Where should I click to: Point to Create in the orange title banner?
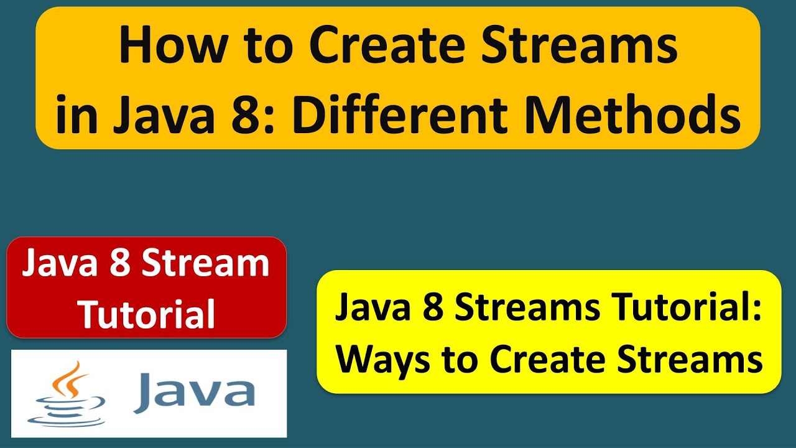pos(392,47)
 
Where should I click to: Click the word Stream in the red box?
pos(205,264)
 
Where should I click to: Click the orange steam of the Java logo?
pos(73,380)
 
